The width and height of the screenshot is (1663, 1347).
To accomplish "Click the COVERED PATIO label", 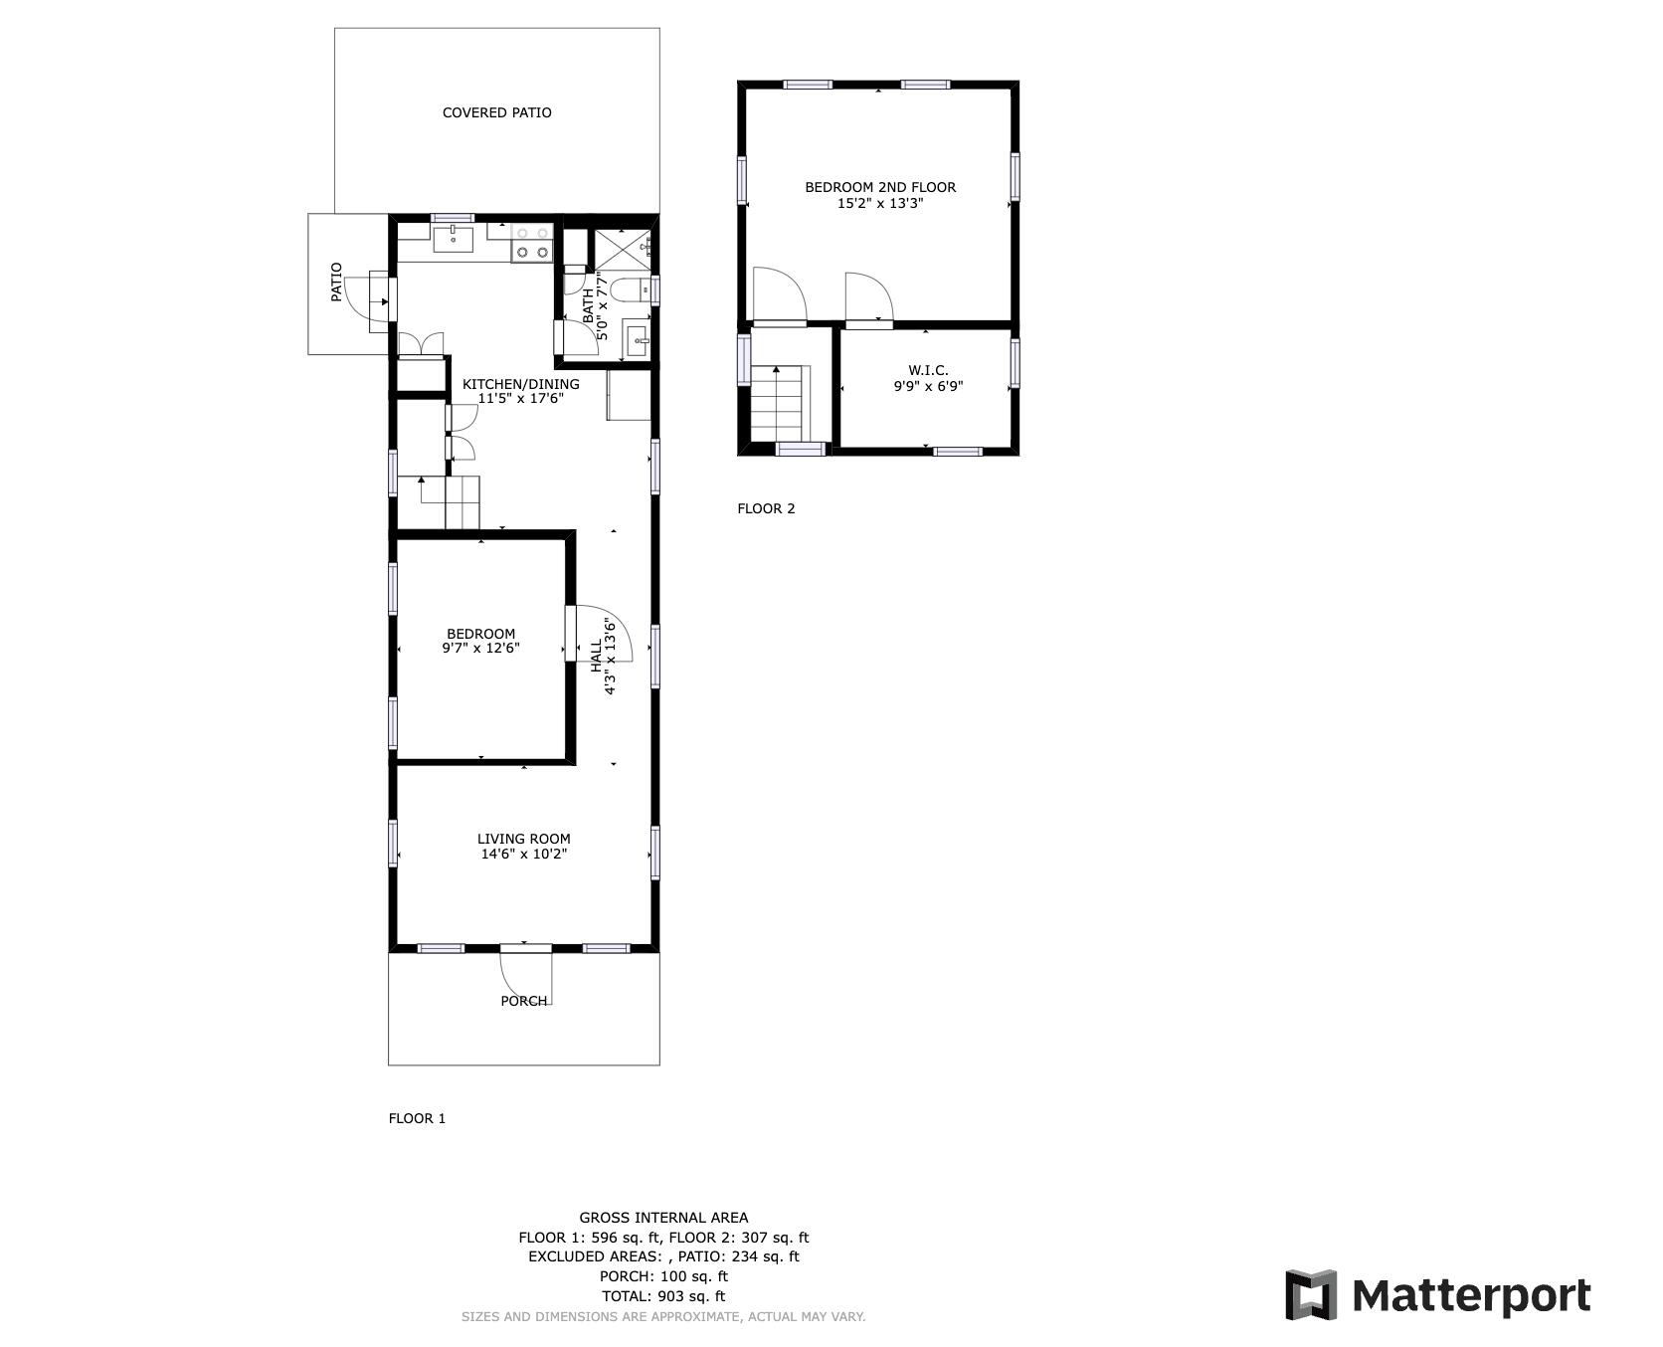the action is (x=496, y=112).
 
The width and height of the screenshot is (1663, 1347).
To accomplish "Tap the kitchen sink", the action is (x=453, y=239).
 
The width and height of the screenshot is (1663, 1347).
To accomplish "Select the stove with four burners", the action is (x=531, y=243).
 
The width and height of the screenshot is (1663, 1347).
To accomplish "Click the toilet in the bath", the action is (x=629, y=289).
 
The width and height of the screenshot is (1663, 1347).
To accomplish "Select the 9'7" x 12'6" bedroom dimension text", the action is (x=481, y=649).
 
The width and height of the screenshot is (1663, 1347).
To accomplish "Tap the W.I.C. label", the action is (x=928, y=370).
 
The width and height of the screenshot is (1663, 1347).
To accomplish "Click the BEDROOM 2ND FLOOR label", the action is (x=880, y=187).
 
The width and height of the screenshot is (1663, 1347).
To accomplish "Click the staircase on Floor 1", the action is (x=439, y=502).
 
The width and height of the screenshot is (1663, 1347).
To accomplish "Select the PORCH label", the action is (x=524, y=1001).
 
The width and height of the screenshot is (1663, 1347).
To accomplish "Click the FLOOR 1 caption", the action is (x=417, y=1118).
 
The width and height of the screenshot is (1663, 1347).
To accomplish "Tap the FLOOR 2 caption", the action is (x=766, y=508).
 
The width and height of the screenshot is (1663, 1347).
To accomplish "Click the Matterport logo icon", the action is (x=1310, y=1295).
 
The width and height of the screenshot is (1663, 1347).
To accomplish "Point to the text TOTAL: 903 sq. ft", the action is (x=663, y=1296).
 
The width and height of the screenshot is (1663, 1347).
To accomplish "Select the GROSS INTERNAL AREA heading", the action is (x=663, y=1217).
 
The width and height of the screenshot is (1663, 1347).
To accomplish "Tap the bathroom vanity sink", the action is (x=637, y=339).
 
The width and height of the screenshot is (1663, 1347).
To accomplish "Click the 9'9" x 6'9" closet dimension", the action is (x=928, y=386).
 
